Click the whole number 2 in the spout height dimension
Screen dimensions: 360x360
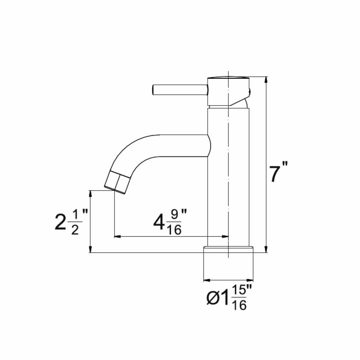tap(60, 222)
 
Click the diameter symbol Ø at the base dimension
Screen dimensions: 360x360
tap(214, 297)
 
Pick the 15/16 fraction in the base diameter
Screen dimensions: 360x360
tap(239, 297)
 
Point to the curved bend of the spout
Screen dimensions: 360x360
tap(130, 151)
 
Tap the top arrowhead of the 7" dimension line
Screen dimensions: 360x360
tap(266, 80)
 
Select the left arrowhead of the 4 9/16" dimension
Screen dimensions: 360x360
tap(117, 236)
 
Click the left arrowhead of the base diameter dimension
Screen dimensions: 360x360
tap(207, 280)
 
